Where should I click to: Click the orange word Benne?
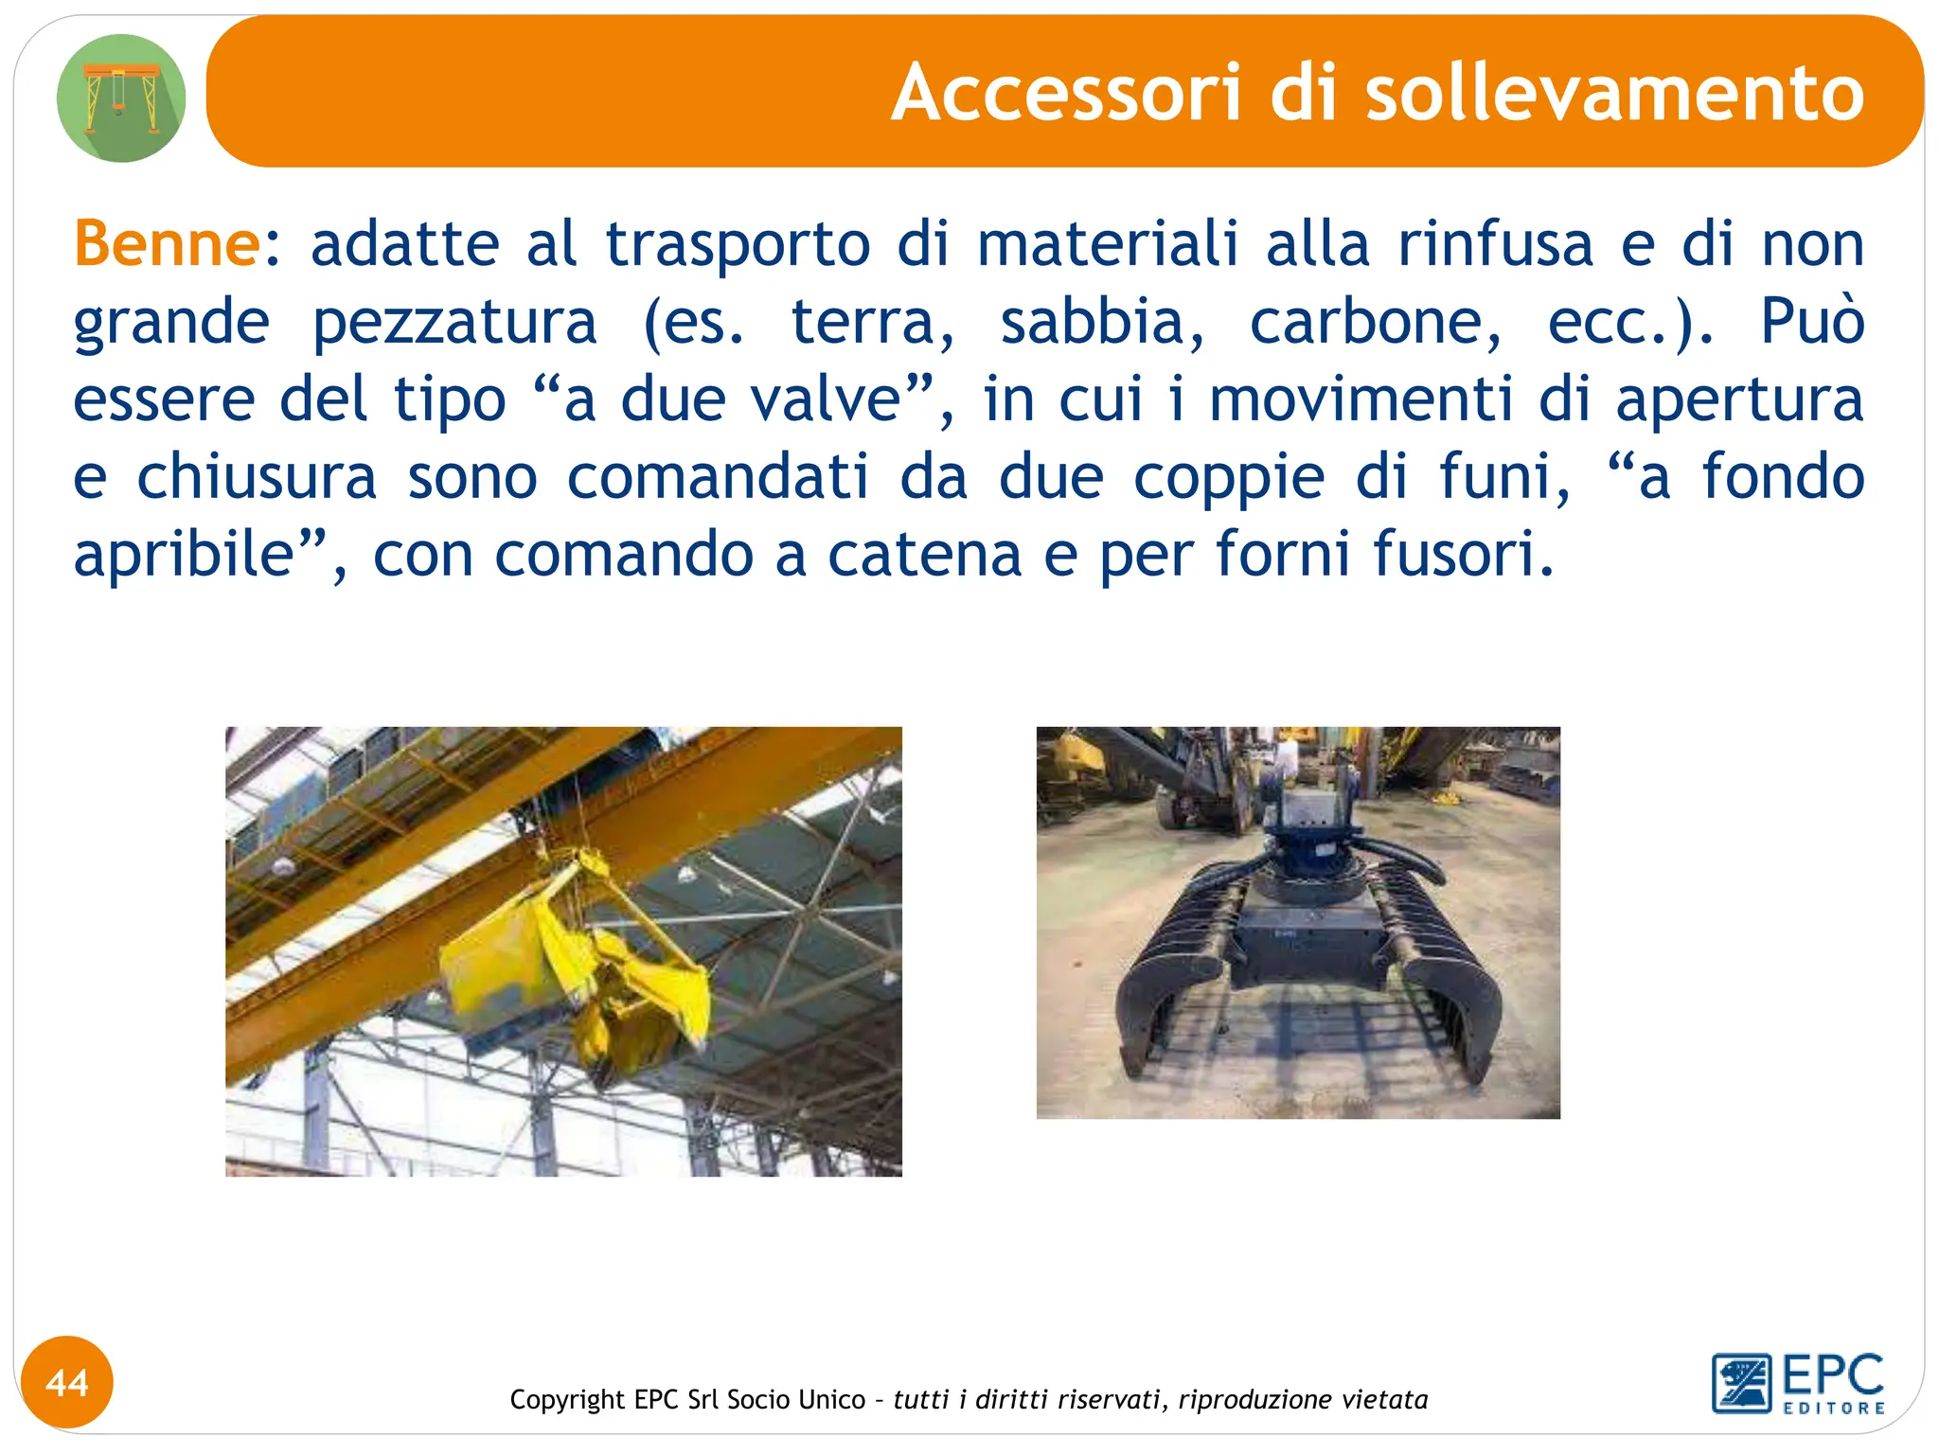click(x=167, y=244)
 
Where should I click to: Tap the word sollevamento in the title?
click(x=1614, y=93)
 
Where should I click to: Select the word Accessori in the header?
click(x=1066, y=93)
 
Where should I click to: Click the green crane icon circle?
click(x=121, y=98)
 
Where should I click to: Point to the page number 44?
click(x=67, y=1383)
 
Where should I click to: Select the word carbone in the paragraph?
click(x=1375, y=322)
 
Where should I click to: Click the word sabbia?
click(x=1102, y=322)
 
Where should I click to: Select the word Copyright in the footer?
click(x=567, y=1399)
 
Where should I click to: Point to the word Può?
click(x=1812, y=322)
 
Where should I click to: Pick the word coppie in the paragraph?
click(x=1229, y=479)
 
